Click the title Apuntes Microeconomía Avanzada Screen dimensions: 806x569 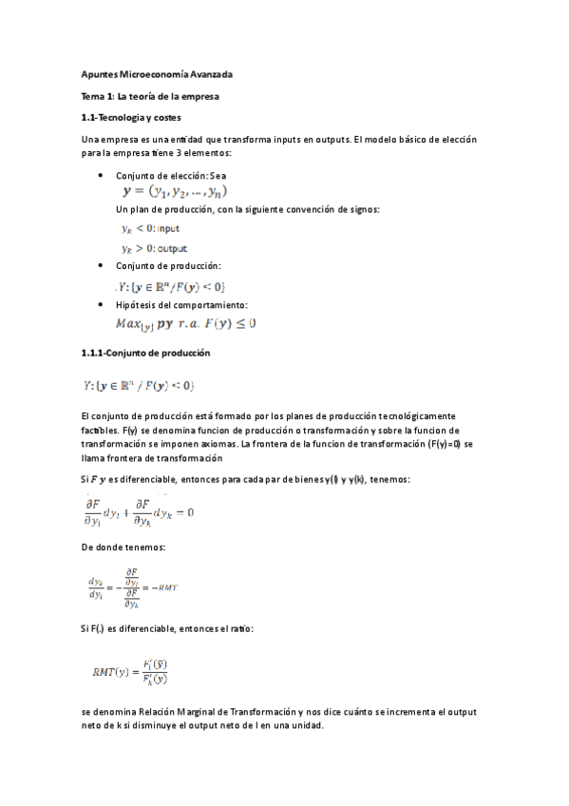tap(157, 74)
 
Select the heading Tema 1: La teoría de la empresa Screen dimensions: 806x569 tap(149, 96)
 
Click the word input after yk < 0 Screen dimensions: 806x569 tap(168, 229)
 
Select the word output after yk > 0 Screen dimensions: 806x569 tap(172, 248)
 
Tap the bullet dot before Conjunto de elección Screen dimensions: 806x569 tap(102, 176)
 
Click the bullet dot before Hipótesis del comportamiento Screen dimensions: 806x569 tap(102, 305)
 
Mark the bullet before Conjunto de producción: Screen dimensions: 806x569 tap(102, 266)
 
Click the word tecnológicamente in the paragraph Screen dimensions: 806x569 tap(395, 416)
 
